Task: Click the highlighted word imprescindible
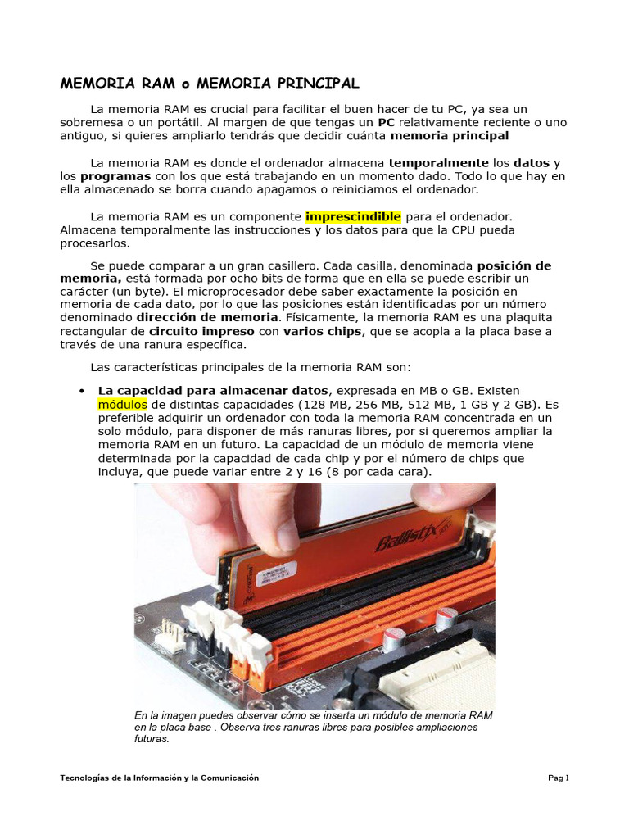click(353, 216)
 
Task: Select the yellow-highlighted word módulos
click(123, 405)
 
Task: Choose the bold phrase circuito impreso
click(201, 331)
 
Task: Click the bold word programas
click(115, 176)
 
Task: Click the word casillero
click(289, 265)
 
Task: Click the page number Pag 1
click(558, 778)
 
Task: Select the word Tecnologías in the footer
click(85, 778)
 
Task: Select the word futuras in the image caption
click(152, 739)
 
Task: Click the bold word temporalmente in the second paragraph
click(438, 162)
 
